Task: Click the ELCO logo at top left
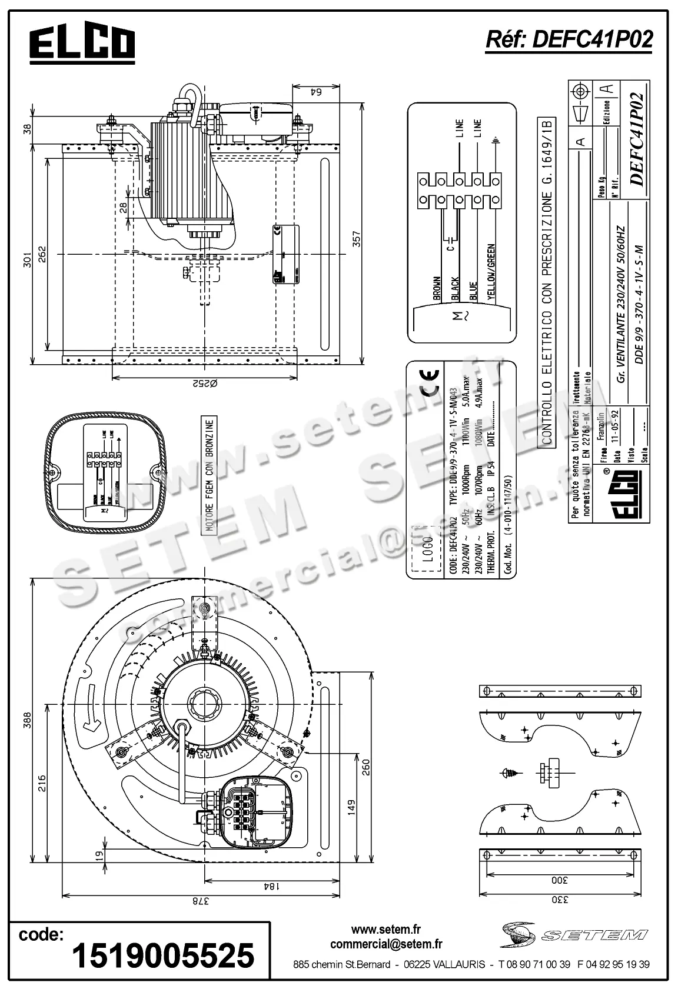(x=82, y=44)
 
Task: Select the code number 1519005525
(x=163, y=955)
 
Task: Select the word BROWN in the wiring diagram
(x=437, y=288)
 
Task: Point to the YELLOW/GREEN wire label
(x=491, y=273)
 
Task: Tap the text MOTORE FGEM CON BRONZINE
(x=211, y=475)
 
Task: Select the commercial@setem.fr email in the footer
(x=386, y=944)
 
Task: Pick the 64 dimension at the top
(x=316, y=91)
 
